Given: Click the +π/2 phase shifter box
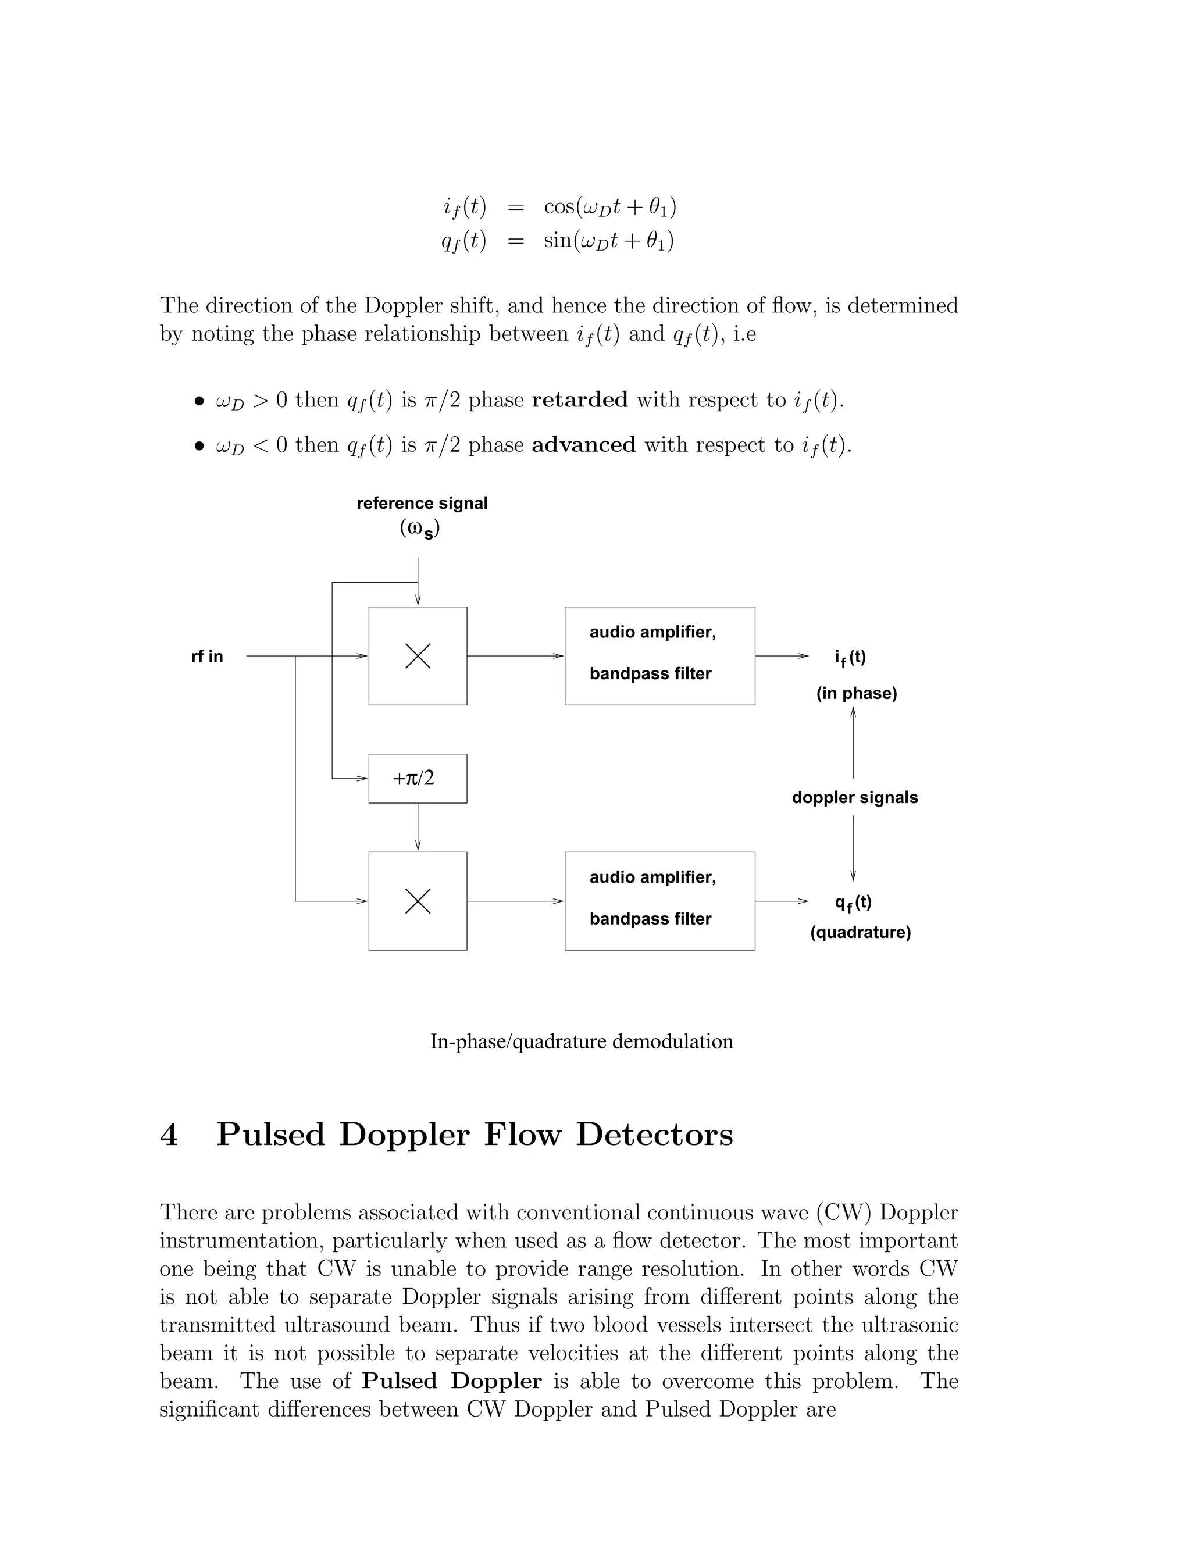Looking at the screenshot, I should pyautogui.click(x=417, y=778).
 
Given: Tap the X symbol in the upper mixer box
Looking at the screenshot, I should pyautogui.click(x=418, y=656).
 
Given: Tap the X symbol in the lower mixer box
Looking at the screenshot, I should pyautogui.click(x=418, y=901).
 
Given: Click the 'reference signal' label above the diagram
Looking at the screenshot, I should pyautogui.click(x=422, y=503).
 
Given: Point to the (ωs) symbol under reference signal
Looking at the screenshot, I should pyautogui.click(x=420, y=529).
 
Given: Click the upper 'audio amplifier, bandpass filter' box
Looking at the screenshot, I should pyautogui.click(x=659, y=655).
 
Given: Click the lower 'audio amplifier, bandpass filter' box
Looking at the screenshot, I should pyautogui.click(x=659, y=901).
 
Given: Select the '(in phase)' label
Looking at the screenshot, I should pyautogui.click(x=857, y=694).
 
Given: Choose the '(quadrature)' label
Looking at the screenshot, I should pyautogui.click(x=860, y=933).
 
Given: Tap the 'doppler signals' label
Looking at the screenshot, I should pyautogui.click(x=854, y=798).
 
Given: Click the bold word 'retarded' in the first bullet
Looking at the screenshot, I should pyautogui.click(x=579, y=400).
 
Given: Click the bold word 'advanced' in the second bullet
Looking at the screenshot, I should pyautogui.click(x=583, y=445).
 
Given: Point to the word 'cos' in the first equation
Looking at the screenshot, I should pyautogui.click(x=559, y=207).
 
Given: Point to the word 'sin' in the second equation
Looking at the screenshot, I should pyautogui.click(x=557, y=241).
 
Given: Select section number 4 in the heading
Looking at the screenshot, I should pyautogui.click(x=169, y=1135).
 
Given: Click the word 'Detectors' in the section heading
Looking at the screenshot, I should pyautogui.click(x=654, y=1135).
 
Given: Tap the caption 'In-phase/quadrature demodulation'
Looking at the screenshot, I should pyautogui.click(x=582, y=1042).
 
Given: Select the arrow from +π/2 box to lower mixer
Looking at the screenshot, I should pyautogui.click(x=418, y=827).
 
